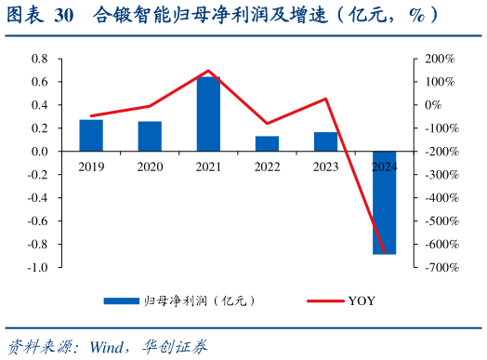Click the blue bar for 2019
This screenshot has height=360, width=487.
click(x=91, y=135)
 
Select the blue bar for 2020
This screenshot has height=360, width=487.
click(x=150, y=136)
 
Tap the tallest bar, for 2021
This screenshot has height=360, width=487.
click(x=208, y=113)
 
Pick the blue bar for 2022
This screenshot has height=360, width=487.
click(x=267, y=143)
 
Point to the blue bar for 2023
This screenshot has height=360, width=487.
click(x=325, y=141)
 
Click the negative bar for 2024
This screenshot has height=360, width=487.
click(x=384, y=202)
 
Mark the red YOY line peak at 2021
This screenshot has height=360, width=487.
click(x=208, y=71)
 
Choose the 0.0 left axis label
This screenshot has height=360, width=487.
click(x=39, y=152)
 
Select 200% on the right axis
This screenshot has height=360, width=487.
click(x=440, y=59)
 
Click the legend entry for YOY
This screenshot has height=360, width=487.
click(x=362, y=300)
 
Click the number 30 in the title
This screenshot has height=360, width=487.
click(x=64, y=16)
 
